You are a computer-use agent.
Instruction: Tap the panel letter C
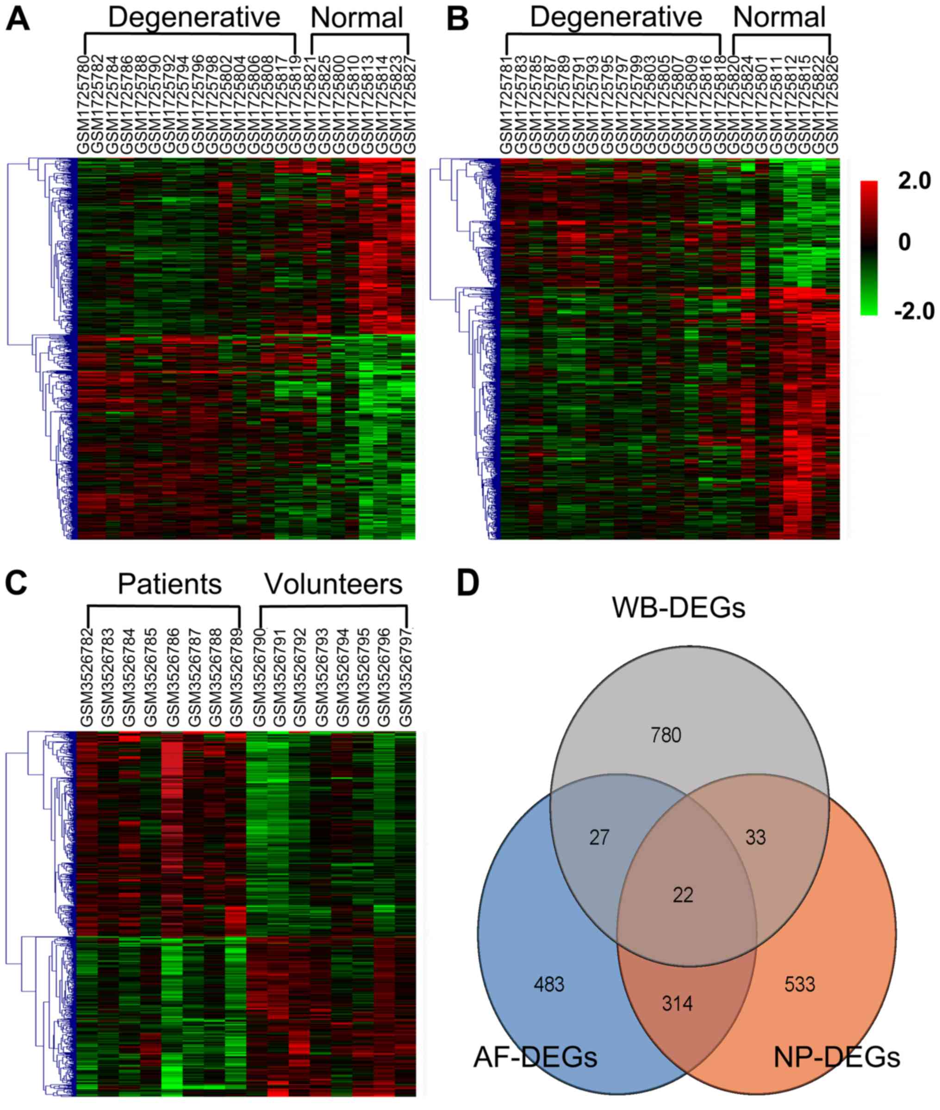16,584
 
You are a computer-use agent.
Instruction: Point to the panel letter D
468,584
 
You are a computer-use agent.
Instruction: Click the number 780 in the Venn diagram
666,736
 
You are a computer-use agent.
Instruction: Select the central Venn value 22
683,895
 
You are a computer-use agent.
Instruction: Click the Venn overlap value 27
599,838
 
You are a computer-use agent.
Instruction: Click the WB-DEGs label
679,608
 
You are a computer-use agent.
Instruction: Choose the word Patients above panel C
169,584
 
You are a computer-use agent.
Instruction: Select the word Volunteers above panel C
333,584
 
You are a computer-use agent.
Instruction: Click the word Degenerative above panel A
194,18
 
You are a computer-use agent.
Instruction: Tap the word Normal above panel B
779,18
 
